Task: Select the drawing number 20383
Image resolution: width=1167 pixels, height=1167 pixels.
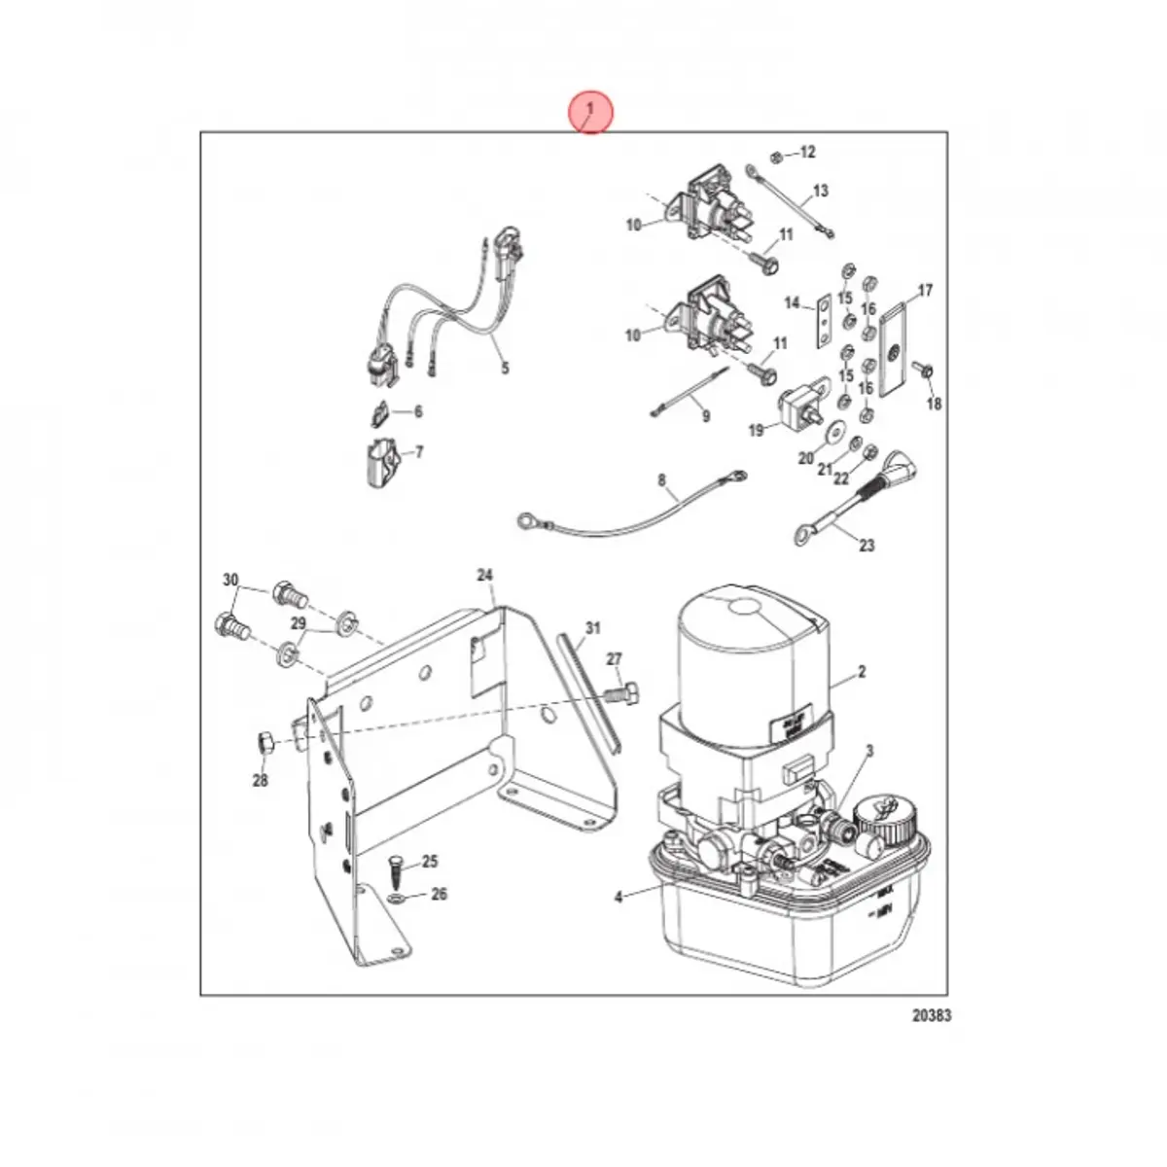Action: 931,1016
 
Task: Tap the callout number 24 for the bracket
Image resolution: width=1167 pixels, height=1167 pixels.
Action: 485,576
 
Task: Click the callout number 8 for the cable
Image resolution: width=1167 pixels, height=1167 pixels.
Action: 662,479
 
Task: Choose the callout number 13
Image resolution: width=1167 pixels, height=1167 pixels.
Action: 820,191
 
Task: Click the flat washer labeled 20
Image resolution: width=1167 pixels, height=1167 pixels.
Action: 834,430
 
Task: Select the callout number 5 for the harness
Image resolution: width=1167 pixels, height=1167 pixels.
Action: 505,368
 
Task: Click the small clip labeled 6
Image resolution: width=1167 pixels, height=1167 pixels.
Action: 378,414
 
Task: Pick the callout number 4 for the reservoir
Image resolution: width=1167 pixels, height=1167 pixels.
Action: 619,898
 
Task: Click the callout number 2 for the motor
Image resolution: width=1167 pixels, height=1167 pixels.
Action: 862,672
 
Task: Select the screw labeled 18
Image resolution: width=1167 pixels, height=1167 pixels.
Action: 929,370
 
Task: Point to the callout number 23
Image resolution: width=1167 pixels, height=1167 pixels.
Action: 866,546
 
